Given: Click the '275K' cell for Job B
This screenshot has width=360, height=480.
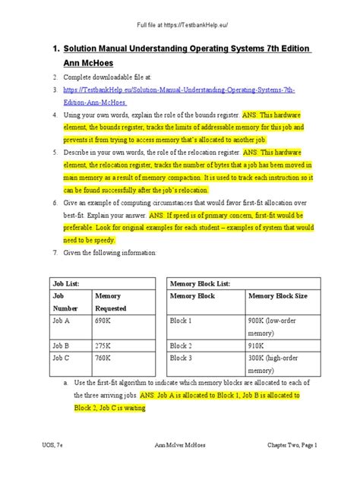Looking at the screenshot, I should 105,344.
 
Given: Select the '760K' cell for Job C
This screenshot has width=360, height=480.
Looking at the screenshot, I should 105,358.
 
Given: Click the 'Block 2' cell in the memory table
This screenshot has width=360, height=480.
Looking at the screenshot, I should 182,344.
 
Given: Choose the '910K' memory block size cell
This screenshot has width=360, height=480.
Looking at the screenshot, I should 256,344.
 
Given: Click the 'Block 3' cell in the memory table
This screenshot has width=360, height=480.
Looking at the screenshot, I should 182,358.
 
